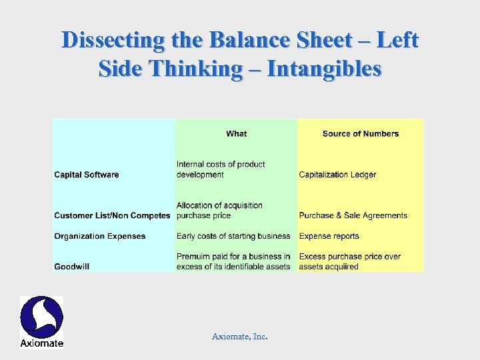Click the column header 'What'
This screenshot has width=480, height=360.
pos(236,134)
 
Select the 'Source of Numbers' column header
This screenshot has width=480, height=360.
pos(360,134)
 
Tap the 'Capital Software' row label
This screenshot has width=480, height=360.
pos(87,175)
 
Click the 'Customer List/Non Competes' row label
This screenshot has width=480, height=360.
pos(112,215)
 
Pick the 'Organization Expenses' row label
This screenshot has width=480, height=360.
pos(100,236)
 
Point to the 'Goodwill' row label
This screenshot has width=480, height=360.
pos(72,267)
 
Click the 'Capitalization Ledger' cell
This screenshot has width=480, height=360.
pos(337,175)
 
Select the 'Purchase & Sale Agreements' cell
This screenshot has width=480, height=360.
pos(353,215)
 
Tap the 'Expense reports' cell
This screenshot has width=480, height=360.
pos(329,236)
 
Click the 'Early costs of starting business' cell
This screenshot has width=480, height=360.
pos(233,236)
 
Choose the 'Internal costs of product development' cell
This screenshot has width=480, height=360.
pos(221,169)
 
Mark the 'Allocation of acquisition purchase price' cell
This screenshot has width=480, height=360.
pos(219,210)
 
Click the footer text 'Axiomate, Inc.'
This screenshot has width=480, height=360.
pos(239,337)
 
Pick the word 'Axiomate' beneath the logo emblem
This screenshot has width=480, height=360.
pos(41,343)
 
